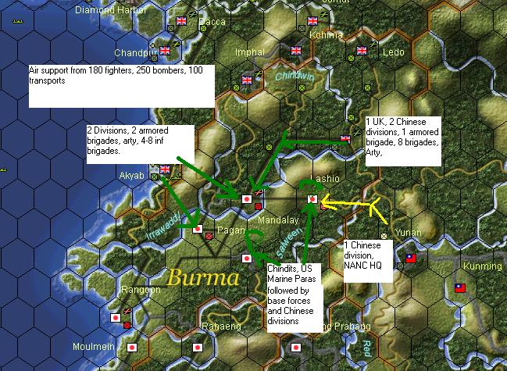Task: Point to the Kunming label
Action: (483, 266)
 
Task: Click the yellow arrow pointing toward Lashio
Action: (348, 206)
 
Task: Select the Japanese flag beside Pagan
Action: (198, 230)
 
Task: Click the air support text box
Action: (121, 86)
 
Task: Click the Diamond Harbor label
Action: (108, 11)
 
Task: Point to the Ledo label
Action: (394, 52)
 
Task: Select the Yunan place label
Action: (409, 232)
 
